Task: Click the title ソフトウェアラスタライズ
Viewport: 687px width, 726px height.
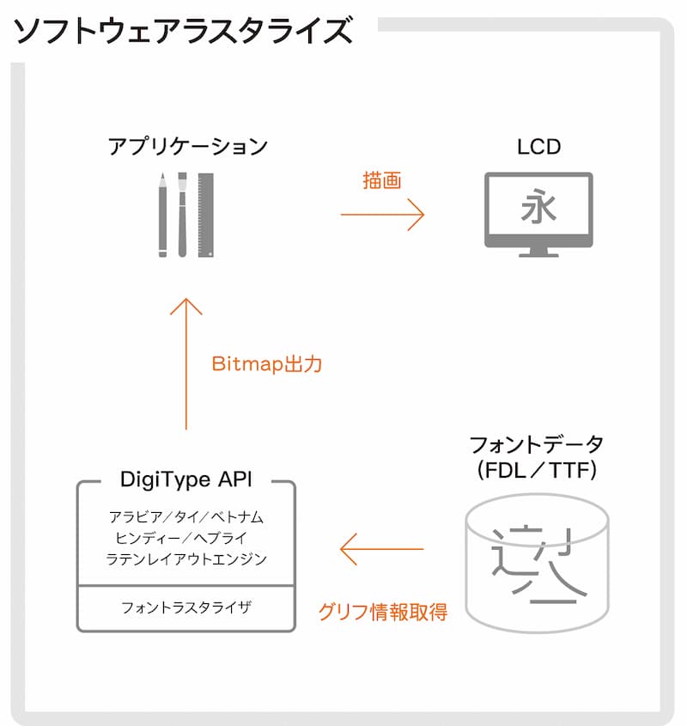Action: pyautogui.click(x=183, y=31)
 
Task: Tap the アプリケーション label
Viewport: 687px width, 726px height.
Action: pyautogui.click(x=187, y=146)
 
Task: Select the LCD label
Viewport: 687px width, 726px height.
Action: pyautogui.click(x=538, y=146)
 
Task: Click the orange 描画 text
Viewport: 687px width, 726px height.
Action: pyautogui.click(x=382, y=181)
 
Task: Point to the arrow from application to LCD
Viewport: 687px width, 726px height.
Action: pyautogui.click(x=382, y=214)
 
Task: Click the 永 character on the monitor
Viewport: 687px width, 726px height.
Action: pyautogui.click(x=538, y=207)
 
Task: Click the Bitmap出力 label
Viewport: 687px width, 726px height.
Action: pyautogui.click(x=266, y=363)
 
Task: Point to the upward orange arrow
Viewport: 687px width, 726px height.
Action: pyautogui.click(x=185, y=361)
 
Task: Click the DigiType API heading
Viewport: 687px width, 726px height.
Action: pyautogui.click(x=186, y=479)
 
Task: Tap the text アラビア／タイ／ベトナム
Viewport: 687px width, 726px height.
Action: pyautogui.click(x=186, y=517)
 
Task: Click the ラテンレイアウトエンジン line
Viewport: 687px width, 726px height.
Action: pyautogui.click(x=186, y=559)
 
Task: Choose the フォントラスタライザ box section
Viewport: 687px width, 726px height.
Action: pyautogui.click(x=186, y=608)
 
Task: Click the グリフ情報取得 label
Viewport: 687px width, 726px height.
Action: pyautogui.click(x=382, y=613)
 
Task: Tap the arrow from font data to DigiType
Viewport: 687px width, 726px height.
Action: pyautogui.click(x=382, y=549)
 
